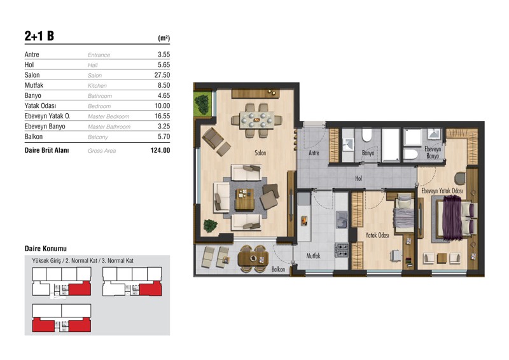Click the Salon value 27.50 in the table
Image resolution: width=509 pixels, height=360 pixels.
(162, 75)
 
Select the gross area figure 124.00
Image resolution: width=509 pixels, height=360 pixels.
(160, 150)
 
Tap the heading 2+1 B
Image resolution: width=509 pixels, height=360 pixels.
(39, 36)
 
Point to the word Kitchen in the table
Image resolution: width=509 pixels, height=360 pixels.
(97, 86)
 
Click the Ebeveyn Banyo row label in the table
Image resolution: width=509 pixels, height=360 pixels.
(45, 127)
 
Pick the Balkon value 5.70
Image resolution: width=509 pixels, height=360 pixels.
(164, 137)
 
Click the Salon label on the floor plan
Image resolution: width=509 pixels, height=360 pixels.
(260, 153)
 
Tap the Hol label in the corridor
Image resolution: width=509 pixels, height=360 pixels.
(358, 178)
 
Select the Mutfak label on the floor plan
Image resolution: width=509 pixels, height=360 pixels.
(313, 256)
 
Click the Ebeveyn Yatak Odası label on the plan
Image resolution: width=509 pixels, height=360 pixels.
(442, 191)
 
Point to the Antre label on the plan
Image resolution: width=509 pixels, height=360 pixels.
(314, 153)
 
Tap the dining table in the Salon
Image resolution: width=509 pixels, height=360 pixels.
(257, 120)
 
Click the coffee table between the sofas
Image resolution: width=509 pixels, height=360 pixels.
(244, 199)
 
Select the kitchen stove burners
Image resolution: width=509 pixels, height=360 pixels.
(342, 250)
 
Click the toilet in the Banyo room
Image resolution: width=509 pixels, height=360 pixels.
(367, 135)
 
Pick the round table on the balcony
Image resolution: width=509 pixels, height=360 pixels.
(253, 259)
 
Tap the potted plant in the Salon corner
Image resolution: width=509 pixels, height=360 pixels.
(210, 225)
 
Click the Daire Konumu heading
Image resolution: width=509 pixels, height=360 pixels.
(46, 249)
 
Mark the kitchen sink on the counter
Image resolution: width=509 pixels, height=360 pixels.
(342, 219)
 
